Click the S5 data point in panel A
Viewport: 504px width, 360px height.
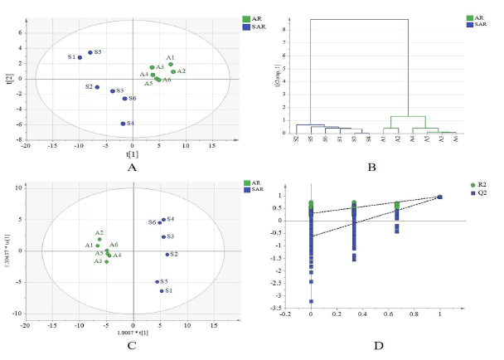point(90,52)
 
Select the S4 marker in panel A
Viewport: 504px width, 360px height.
point(123,124)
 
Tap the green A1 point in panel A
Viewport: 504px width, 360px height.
point(171,64)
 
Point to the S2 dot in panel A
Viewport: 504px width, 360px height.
point(97,87)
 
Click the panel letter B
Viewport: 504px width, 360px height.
point(371,166)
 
